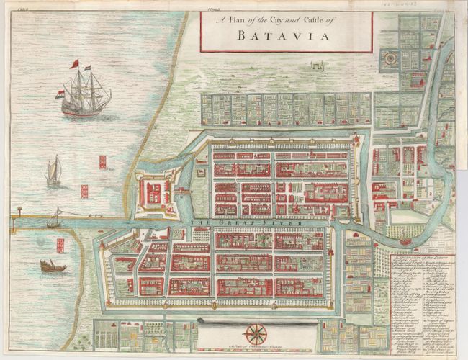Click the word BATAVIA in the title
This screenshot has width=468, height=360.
point(285,35)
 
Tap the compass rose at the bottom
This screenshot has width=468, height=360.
point(254,333)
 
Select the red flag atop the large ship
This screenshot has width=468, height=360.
point(73,64)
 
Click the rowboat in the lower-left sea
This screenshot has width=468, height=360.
point(53,266)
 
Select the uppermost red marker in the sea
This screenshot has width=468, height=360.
point(102,161)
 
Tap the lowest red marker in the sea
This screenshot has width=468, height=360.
point(60,246)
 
